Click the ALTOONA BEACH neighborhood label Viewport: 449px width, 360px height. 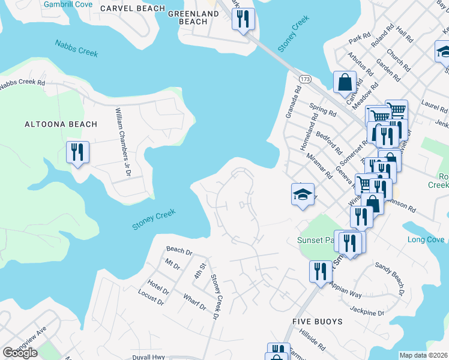point(61,124)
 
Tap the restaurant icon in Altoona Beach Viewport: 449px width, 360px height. point(77,152)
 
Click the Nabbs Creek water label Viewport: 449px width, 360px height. point(76,48)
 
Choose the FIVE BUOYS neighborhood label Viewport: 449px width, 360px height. point(318,322)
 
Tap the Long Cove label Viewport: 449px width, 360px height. point(426,240)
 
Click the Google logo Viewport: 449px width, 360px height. point(20,353)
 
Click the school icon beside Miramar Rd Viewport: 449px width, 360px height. point(303,194)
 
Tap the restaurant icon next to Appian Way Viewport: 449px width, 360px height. point(321,271)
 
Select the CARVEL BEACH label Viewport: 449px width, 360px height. point(133,8)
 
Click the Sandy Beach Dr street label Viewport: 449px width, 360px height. point(390,275)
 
